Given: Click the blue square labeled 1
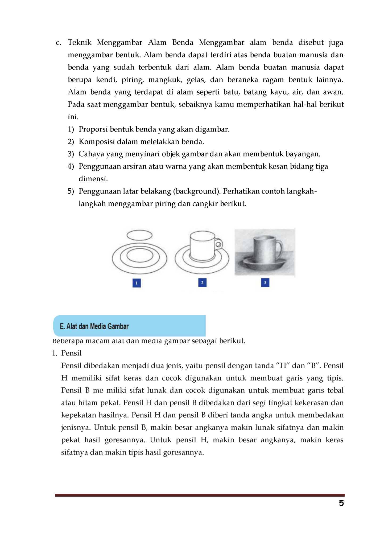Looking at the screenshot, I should pyautogui.click(x=137, y=283).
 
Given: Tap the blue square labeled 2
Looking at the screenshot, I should pyautogui.click(x=202, y=283).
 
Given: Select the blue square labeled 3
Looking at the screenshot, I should pyautogui.click(x=265, y=283).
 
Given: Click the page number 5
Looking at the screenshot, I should pyautogui.click(x=341, y=503).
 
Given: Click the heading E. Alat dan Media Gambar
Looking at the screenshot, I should pyautogui.click(x=94, y=326).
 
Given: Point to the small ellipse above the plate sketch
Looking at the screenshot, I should pyautogui.click(x=139, y=235).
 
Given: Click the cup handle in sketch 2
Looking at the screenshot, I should pyautogui.click(x=219, y=244).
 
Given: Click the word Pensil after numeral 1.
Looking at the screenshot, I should pyautogui.click(x=71, y=353).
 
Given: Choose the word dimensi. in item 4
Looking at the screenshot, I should pyautogui.click(x=93, y=179).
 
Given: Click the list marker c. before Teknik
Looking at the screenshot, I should pyautogui.click(x=58, y=43).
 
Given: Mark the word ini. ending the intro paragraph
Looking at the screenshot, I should pyautogui.click(x=73, y=117).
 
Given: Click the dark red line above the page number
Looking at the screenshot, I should pyautogui.click(x=200, y=495).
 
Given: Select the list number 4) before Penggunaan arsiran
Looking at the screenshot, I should pyautogui.click(x=71, y=166).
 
